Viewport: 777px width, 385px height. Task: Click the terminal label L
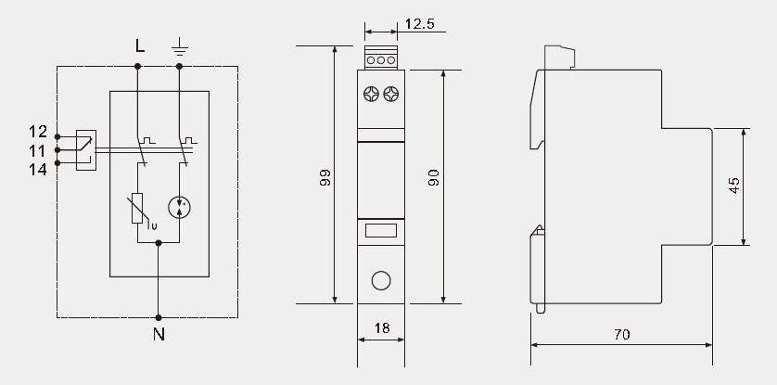click(x=140, y=46)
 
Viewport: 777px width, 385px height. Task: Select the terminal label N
click(x=159, y=335)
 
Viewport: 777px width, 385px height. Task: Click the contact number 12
click(x=38, y=132)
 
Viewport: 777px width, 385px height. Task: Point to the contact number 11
click(x=38, y=150)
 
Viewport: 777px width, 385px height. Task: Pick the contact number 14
click(x=38, y=170)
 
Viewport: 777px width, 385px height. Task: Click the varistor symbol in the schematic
click(x=138, y=209)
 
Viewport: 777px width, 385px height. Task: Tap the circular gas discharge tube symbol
click(x=179, y=208)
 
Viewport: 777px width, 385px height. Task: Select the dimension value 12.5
click(x=420, y=24)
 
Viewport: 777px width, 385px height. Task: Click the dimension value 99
click(x=325, y=177)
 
